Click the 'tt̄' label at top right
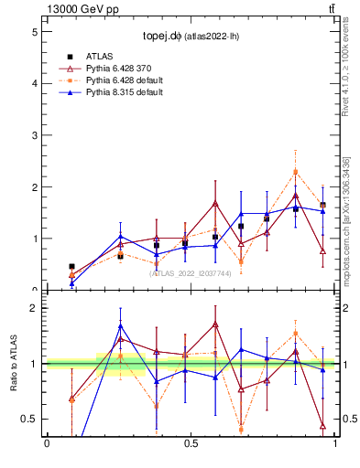[331, 9]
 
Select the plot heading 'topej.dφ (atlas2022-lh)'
[191, 37]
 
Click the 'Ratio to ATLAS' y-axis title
[13, 364]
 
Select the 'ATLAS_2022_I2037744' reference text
[191, 272]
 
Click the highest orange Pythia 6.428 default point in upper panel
[295, 172]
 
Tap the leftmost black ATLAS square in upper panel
[72, 267]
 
